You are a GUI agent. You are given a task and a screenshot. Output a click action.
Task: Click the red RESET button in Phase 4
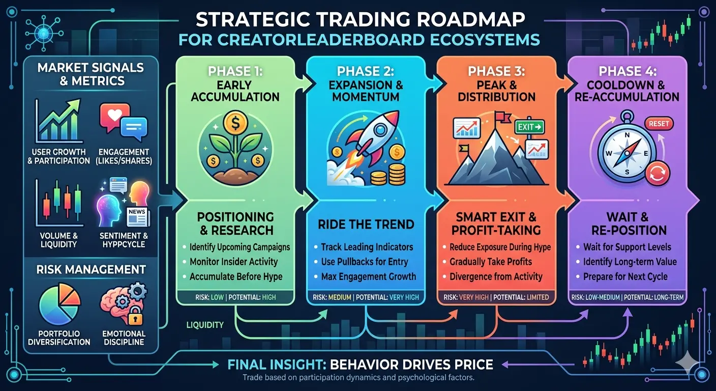tap(659, 124)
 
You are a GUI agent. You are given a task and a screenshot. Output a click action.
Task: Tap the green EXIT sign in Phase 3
tap(529, 127)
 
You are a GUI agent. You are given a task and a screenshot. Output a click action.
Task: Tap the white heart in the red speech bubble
tap(115, 114)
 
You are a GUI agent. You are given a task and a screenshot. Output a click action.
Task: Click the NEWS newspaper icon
tap(137, 216)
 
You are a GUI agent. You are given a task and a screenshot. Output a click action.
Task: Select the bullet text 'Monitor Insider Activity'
tap(233, 262)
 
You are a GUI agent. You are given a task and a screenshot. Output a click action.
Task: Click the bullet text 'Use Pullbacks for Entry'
tap(365, 262)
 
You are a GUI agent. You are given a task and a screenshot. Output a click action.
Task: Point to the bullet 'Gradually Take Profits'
tap(491, 262)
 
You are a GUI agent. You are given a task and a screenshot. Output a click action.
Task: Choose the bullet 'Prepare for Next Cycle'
tap(625, 276)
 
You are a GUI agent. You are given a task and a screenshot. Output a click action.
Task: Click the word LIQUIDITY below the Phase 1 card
tap(205, 325)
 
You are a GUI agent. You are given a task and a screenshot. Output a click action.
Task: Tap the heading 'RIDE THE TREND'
tap(366, 225)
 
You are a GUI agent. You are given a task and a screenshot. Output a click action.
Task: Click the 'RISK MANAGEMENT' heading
tap(91, 269)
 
